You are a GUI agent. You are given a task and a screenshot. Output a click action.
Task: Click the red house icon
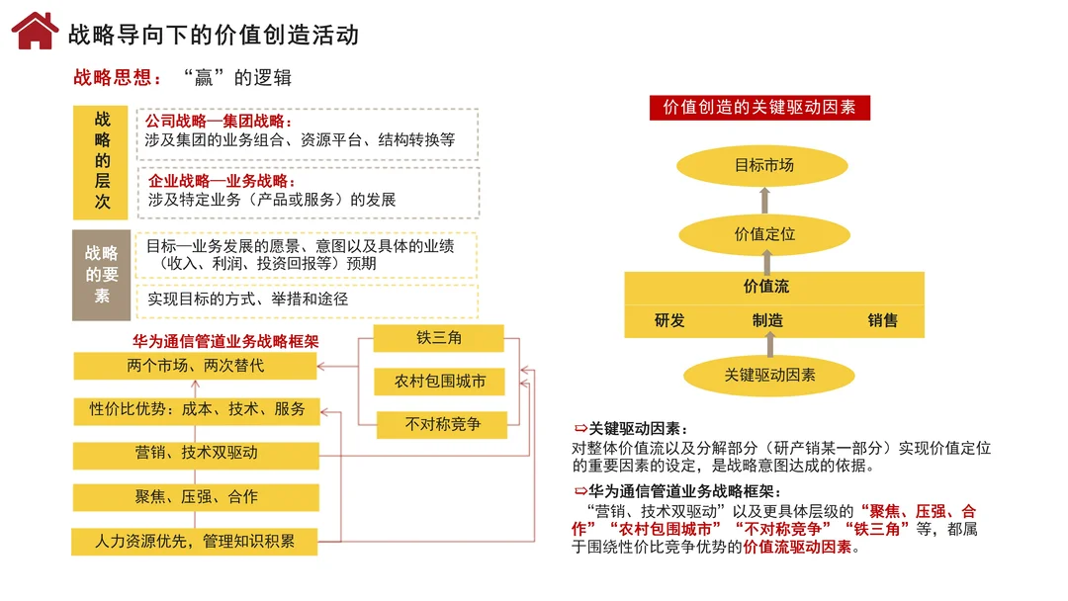[35, 32]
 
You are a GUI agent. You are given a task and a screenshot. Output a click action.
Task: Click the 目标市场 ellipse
[764, 166]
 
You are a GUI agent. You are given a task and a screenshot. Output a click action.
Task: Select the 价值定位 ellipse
[764, 234]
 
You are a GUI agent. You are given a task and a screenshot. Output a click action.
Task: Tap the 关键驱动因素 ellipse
[769, 376]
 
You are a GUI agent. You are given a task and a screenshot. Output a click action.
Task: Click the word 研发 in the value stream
[669, 320]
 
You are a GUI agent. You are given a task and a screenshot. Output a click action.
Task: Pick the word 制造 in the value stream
[767, 320]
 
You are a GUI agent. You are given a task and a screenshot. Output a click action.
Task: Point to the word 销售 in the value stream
[883, 320]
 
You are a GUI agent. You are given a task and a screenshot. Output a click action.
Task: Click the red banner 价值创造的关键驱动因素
[759, 108]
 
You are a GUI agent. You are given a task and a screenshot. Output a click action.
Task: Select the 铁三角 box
[439, 338]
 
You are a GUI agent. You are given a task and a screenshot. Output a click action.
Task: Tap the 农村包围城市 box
[440, 382]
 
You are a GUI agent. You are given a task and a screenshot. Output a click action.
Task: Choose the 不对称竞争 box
[442, 425]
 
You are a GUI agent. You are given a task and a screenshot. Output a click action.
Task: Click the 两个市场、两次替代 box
[196, 366]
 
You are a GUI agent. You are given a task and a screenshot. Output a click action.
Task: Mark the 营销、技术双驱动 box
[196, 453]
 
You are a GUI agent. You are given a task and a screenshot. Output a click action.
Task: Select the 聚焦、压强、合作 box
[196, 497]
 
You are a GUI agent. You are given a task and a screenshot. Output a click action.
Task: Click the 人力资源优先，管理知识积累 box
[195, 542]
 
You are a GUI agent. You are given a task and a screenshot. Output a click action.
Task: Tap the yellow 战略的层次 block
[103, 161]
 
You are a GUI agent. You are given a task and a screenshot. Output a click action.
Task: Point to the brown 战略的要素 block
[102, 276]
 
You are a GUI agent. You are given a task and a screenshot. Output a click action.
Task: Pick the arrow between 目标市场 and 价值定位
[764, 201]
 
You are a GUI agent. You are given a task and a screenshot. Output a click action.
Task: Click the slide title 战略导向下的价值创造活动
[213, 36]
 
